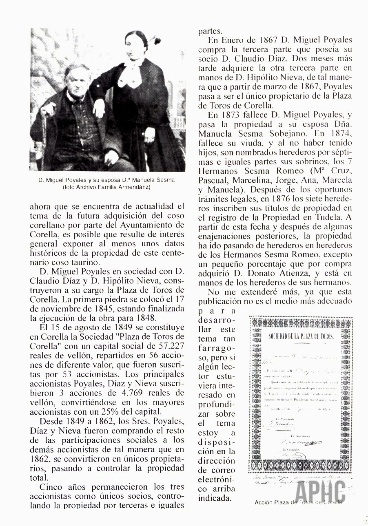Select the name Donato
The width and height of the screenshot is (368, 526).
coord(264,273)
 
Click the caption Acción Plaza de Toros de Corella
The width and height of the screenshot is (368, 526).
coord(298,502)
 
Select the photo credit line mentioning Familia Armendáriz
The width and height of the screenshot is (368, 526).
coord(106,187)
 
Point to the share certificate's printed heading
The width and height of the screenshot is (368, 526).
coord(301,336)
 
